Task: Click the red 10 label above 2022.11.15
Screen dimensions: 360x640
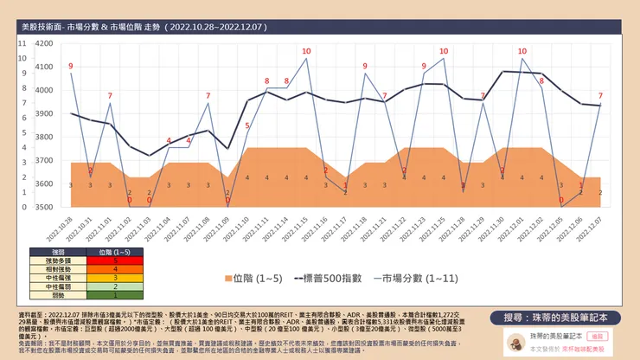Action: click(306, 50)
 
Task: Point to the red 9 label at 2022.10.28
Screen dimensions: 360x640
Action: click(71, 66)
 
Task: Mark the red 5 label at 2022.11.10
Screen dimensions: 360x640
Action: click(247, 126)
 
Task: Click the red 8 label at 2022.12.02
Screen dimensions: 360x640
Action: click(541, 80)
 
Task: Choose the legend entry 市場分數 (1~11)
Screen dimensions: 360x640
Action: click(406, 280)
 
